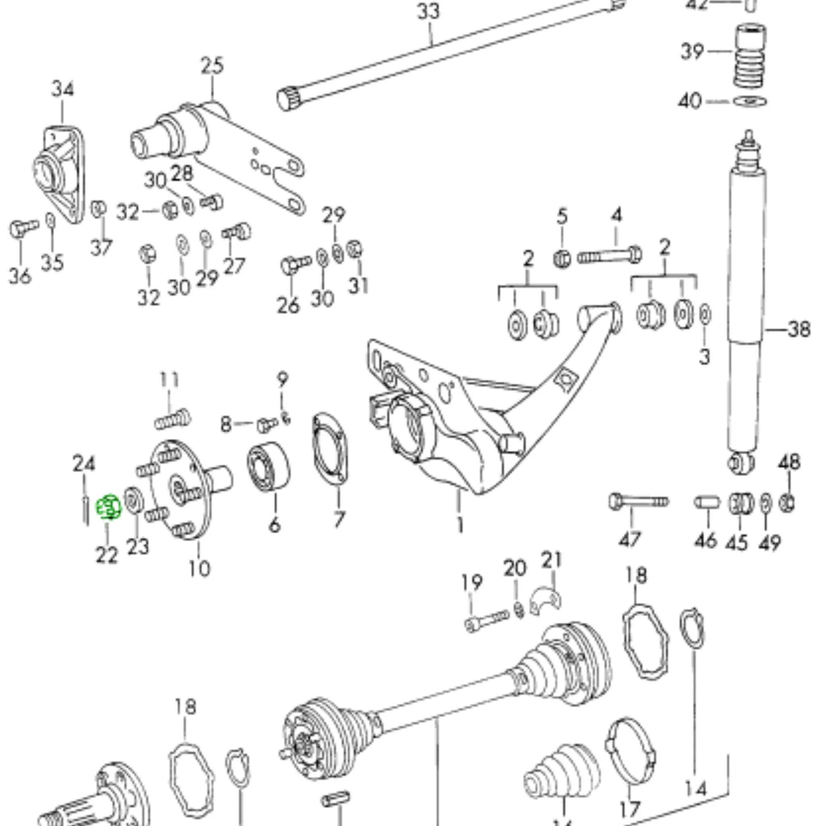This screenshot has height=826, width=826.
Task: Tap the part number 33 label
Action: click(x=428, y=12)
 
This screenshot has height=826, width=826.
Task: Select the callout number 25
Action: click(x=213, y=67)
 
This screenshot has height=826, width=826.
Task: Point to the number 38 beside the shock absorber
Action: click(x=798, y=330)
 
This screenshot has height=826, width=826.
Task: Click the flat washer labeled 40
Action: click(x=750, y=102)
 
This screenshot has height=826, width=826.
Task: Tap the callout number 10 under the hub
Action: click(x=199, y=569)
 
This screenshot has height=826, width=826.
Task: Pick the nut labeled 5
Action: click(x=562, y=258)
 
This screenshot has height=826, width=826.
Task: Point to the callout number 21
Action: click(x=551, y=561)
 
